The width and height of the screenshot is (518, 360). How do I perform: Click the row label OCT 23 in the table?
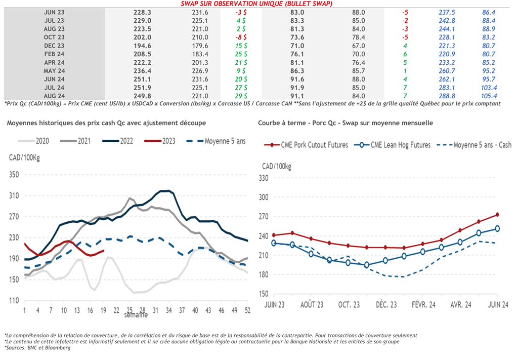[54, 37]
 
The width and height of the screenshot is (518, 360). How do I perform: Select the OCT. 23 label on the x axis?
[349, 304]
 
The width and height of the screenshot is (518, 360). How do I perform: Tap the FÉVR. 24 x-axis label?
[423, 304]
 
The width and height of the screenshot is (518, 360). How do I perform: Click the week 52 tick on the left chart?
[248, 310]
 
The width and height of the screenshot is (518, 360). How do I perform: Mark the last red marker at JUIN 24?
[497, 215]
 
